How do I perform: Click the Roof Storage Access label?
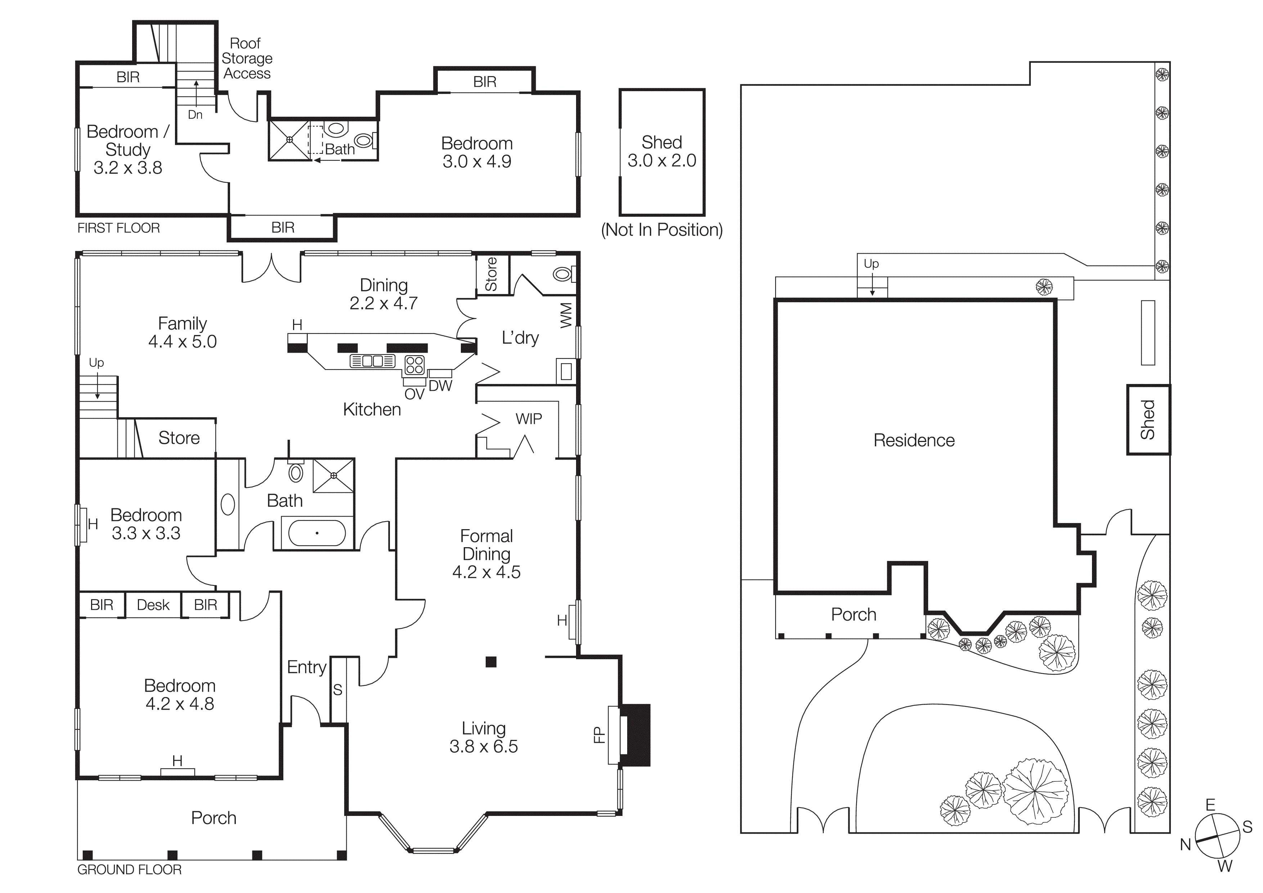(246, 58)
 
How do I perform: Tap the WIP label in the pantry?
(529, 419)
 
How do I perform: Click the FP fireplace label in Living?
(599, 735)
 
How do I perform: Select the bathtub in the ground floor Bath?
(317, 533)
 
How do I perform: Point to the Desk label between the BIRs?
(153, 605)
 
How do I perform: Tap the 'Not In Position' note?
(662, 229)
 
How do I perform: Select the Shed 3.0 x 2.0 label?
(662, 151)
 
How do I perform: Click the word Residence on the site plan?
(914, 440)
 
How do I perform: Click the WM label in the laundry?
(566, 315)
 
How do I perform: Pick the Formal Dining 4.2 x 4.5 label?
(486, 554)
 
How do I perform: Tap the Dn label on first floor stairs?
(195, 115)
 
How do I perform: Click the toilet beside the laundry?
(563, 273)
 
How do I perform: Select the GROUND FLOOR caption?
(129, 869)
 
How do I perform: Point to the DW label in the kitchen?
(440, 386)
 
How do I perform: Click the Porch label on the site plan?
(853, 615)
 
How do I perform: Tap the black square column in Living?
(491, 661)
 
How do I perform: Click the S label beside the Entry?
(338, 689)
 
